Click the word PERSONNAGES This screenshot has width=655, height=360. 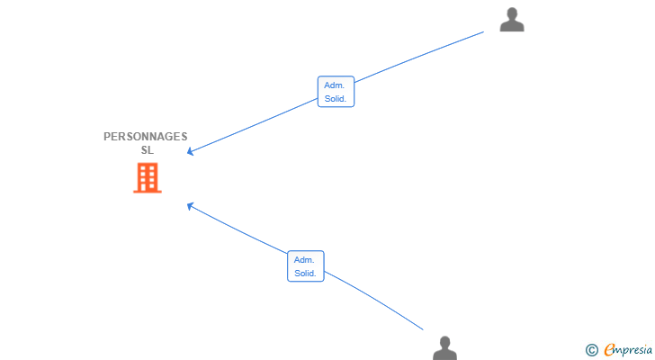click(146, 137)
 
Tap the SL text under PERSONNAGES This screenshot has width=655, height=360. click(147, 150)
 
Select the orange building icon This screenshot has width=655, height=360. click(148, 178)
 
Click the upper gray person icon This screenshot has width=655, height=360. click(512, 19)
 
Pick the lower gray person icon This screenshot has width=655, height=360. click(444, 348)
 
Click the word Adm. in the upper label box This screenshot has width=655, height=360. click(334, 85)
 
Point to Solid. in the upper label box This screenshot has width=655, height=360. click(336, 99)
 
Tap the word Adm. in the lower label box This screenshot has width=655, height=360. click(304, 260)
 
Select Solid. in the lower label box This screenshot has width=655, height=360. click(305, 274)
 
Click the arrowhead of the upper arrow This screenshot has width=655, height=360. click(189, 152)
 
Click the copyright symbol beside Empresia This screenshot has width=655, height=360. click(591, 350)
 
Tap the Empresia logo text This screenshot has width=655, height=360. click(628, 350)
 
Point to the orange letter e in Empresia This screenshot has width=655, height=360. click(609, 349)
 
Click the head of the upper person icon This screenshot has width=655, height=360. click(512, 13)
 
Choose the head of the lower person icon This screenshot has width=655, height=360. click(444, 343)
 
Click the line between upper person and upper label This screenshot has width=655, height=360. click(419, 56)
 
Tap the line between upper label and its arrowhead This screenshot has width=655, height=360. click(254, 125)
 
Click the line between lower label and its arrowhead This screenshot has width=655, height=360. click(238, 229)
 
